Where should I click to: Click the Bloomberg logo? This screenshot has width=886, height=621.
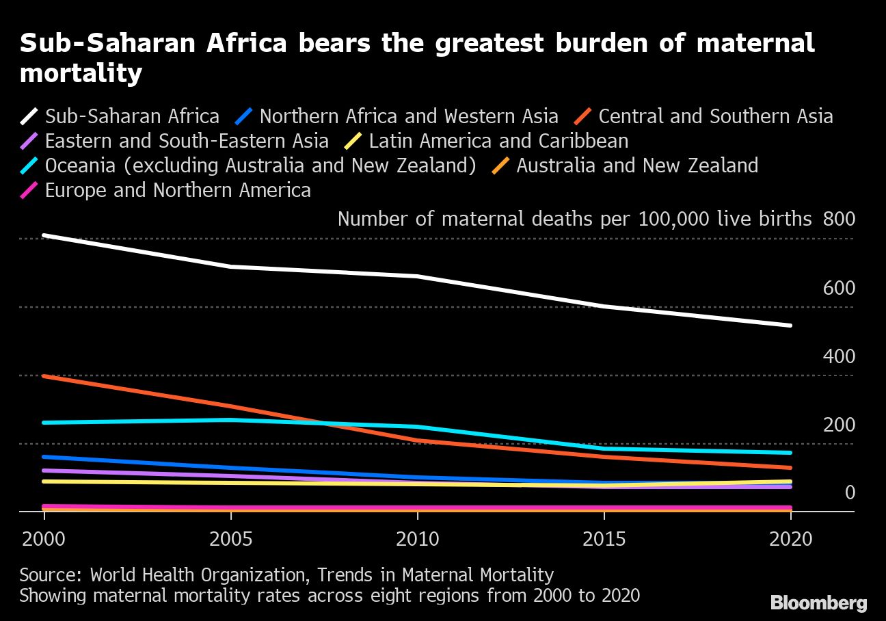819,603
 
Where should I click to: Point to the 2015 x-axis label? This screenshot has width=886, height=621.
604,539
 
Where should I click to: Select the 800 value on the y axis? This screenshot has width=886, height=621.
839,219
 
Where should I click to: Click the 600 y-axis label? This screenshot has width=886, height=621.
839,288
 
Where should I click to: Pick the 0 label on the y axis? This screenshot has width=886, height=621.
850,492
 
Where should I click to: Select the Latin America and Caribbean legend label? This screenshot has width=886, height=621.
498,141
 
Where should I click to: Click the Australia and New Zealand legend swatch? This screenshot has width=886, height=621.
502,166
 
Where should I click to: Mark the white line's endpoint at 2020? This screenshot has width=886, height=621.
790,326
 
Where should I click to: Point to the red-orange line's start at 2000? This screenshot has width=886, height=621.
44,376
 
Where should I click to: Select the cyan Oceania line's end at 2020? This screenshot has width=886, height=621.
790,453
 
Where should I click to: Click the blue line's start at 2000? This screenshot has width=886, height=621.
44,456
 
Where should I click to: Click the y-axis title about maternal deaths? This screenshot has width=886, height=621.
574,219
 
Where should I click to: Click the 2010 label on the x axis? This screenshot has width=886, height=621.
417,539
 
